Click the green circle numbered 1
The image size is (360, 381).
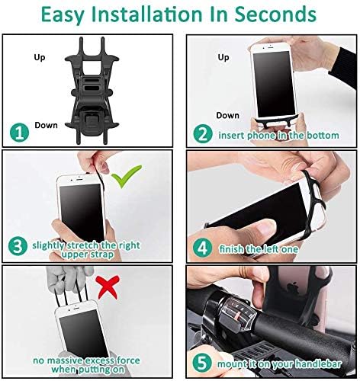19,133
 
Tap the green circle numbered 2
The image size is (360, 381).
203,134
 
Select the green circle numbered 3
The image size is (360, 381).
18,246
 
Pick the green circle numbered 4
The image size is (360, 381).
202,248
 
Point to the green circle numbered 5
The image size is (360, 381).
202,363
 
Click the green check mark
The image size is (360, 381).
126,176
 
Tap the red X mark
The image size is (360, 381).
108,287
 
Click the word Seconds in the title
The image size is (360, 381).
275,14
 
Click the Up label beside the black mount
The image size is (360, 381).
40,58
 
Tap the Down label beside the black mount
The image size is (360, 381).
46,125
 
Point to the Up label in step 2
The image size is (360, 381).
223,58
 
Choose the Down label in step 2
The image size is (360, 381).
227,115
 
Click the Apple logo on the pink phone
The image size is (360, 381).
293,287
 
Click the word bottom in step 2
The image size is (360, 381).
323,135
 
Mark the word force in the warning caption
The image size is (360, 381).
128,360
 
